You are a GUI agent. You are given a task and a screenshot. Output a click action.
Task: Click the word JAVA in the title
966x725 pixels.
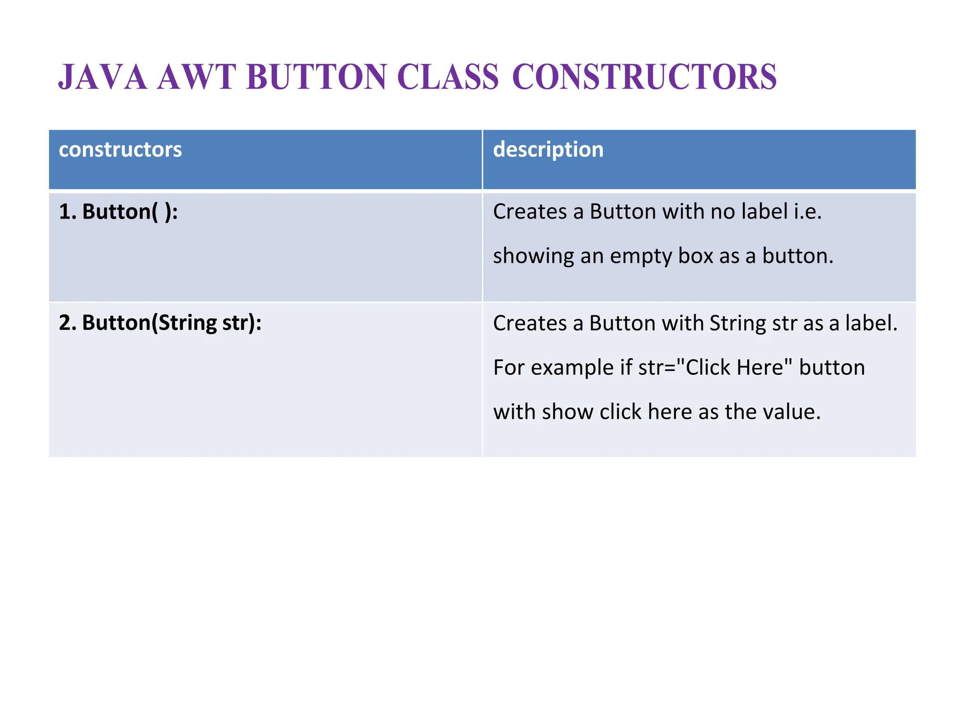pyautogui.click(x=102, y=77)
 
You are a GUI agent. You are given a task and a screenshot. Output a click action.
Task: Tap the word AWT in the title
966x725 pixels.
pyautogui.click(x=197, y=77)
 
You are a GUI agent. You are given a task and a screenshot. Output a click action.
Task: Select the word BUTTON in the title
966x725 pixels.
pyautogui.click(x=316, y=77)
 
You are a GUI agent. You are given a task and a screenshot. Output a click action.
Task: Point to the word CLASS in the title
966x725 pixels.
pyautogui.click(x=448, y=77)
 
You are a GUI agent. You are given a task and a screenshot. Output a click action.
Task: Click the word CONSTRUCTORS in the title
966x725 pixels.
pyautogui.click(x=644, y=77)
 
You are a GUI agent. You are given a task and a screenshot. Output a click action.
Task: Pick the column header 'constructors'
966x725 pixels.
pyautogui.click(x=120, y=150)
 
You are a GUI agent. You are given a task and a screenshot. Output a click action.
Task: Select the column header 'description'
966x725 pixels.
pyautogui.click(x=548, y=150)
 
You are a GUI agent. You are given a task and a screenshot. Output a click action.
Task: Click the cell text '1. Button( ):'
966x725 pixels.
pyautogui.click(x=118, y=211)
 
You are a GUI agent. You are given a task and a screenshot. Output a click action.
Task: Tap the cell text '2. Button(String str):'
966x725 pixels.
pyautogui.click(x=160, y=323)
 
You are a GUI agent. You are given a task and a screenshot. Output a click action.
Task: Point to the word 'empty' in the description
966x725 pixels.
pyautogui.click(x=641, y=256)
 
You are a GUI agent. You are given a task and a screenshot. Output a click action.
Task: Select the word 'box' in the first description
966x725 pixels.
pyautogui.click(x=696, y=256)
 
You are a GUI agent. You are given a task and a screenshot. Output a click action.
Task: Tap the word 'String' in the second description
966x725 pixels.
pyautogui.click(x=738, y=324)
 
